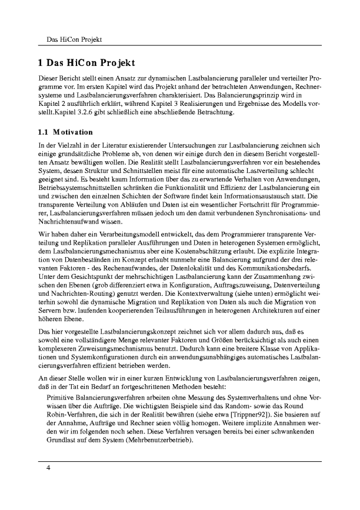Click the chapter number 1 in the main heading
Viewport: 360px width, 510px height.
(41, 62)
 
